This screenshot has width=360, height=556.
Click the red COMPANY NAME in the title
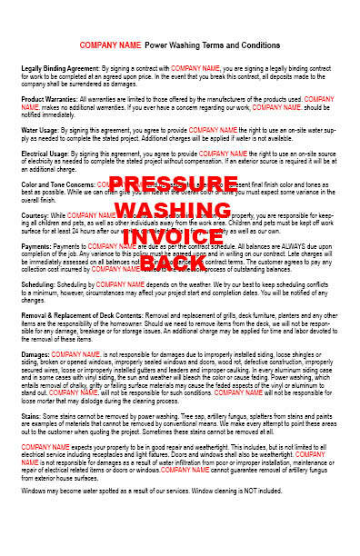click(110, 45)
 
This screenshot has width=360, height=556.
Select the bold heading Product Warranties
click(46, 98)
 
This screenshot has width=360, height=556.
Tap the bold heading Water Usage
click(39, 128)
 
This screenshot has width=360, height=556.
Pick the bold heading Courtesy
click(35, 214)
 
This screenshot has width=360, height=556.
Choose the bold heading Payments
click(37, 245)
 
